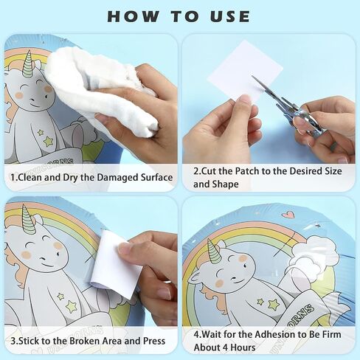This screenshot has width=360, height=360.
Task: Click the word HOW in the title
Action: coord(133,16)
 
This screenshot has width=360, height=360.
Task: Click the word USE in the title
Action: coord(230,16)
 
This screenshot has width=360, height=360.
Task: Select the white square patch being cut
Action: coord(245,72)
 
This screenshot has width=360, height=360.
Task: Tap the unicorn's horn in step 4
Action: coord(213,251)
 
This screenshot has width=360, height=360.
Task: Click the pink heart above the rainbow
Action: coord(288,215)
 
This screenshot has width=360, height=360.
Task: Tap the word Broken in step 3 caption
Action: coord(85,341)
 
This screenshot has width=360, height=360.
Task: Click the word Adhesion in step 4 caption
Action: coord(274,334)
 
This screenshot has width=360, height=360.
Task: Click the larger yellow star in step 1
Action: coord(48,142)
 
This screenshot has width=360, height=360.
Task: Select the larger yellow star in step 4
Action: coord(274,304)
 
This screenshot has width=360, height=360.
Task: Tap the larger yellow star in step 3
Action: coord(71,307)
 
